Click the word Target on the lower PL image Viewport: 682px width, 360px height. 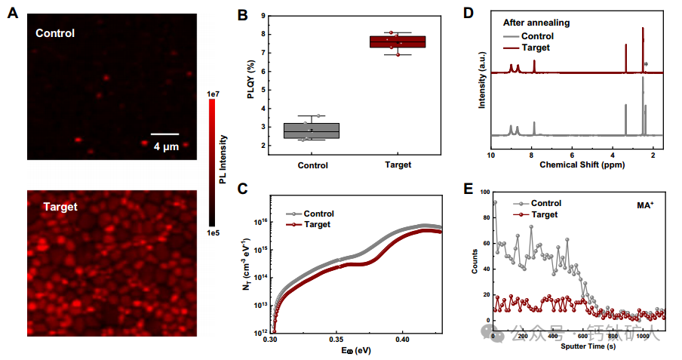[x=60, y=206]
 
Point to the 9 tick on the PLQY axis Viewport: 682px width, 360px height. [x=264, y=16]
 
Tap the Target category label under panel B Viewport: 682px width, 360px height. [x=398, y=165]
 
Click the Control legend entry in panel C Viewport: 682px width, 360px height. [x=317, y=214]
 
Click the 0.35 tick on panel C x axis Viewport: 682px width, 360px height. [x=337, y=340]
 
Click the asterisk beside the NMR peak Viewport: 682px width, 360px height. [x=647, y=65]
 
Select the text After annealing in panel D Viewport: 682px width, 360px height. [x=536, y=23]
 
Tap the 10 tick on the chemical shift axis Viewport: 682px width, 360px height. [x=491, y=154]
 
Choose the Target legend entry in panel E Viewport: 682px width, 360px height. [x=544, y=215]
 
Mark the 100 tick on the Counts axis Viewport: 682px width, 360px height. [x=484, y=192]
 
